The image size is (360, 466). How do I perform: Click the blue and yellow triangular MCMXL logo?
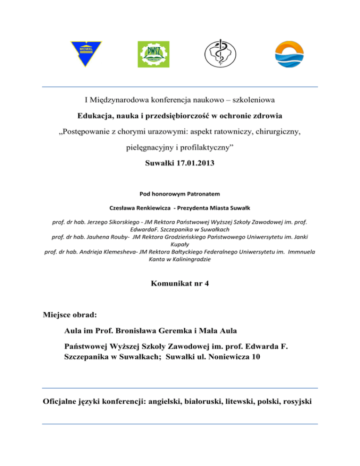point(86,53)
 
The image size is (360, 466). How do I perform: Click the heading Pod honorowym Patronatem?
point(180,194)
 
